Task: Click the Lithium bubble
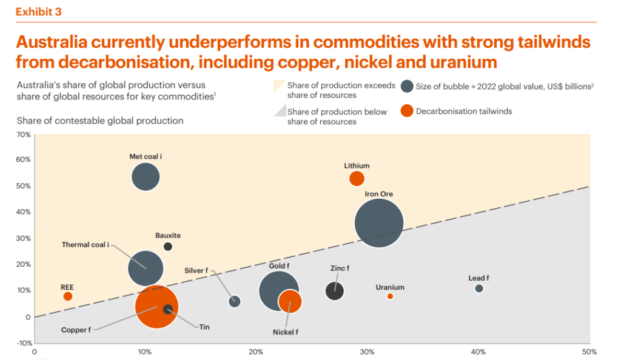[357, 179]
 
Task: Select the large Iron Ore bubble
[379, 224]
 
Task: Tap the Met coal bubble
[146, 177]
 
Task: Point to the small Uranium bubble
[390, 296]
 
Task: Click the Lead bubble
[479, 288]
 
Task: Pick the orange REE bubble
[68, 296]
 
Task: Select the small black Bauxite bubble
[168, 247]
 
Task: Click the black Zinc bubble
[335, 291]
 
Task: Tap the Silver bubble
[235, 301]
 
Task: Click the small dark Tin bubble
[168, 309]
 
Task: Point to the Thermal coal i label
[86, 245]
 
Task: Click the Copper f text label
[76, 330]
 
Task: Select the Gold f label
[280, 265]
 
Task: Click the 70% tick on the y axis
[24, 135]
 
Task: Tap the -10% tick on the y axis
[24, 343]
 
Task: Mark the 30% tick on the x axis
[367, 352]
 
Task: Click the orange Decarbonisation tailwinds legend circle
[408, 111]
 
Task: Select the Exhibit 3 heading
[38, 12]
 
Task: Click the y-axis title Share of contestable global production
[100, 121]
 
